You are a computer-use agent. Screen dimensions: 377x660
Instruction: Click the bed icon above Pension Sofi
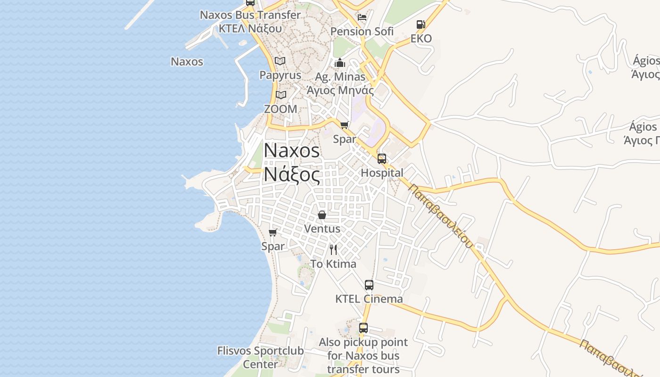coord(362,17)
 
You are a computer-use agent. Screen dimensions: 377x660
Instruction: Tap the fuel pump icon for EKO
coord(421,25)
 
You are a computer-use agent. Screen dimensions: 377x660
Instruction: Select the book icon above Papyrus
coord(280,61)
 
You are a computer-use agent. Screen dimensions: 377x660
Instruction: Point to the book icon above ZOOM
coord(281,95)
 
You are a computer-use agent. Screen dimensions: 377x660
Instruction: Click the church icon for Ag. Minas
coord(340,63)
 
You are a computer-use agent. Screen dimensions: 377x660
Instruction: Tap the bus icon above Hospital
coord(382,158)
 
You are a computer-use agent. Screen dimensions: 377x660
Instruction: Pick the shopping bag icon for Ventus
coord(322,215)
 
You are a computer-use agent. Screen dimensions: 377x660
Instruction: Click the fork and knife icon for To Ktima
coord(333,249)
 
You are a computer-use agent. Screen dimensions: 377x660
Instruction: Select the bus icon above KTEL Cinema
coord(369,285)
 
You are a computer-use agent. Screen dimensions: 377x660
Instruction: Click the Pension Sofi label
coord(362,32)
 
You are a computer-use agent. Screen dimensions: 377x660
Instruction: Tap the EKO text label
coord(421,39)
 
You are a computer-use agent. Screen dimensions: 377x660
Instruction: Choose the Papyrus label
coord(280,75)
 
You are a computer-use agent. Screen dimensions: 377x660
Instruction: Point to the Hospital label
coord(382,173)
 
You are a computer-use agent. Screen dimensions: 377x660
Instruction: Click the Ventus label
coord(322,229)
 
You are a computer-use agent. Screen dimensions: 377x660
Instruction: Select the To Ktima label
coord(333,264)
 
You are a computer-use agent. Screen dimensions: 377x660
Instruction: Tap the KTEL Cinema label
coord(369,299)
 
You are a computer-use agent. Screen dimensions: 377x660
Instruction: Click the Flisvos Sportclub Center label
coord(260,357)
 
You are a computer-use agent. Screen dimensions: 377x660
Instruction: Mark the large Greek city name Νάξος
coord(292,174)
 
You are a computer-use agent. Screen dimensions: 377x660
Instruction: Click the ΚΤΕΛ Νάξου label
coord(250,28)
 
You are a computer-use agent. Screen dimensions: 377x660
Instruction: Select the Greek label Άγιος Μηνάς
coord(340,90)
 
